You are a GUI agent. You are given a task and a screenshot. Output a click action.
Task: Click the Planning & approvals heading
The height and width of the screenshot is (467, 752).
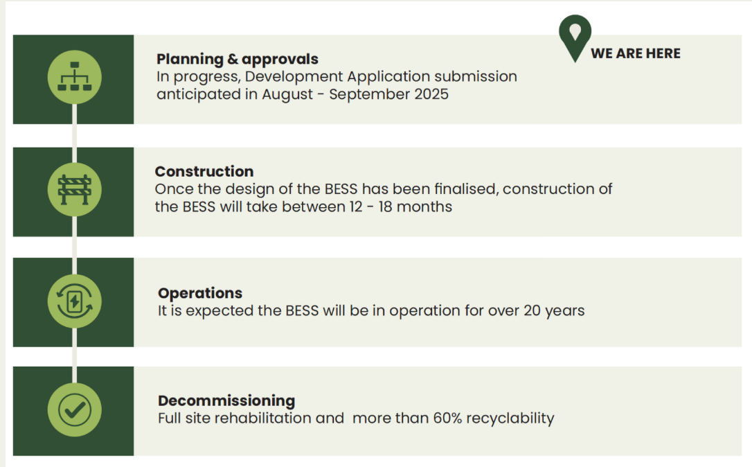point(237,59)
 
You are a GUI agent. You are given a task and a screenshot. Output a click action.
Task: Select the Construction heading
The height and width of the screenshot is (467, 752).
point(204,171)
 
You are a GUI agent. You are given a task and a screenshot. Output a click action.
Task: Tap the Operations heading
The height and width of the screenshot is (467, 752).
point(199,293)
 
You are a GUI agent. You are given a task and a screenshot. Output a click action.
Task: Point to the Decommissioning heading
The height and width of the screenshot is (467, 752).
point(226,400)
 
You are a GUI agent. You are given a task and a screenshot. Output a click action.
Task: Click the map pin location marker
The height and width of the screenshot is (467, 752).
point(575,36)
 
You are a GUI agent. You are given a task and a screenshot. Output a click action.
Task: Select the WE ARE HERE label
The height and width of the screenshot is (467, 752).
point(635,53)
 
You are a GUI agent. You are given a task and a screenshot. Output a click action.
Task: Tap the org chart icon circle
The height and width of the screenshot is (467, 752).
point(74,78)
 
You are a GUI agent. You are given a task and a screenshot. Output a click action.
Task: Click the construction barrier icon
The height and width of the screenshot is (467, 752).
point(74,189)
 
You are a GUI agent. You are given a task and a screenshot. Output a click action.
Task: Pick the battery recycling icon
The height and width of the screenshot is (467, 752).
point(74,301)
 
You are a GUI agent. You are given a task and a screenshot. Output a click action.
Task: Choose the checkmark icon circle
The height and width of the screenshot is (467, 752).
point(74,409)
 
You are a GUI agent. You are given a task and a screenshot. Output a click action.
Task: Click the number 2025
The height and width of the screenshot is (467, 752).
point(430,94)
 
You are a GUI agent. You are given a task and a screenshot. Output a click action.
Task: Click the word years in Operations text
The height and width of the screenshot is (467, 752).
point(564,310)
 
